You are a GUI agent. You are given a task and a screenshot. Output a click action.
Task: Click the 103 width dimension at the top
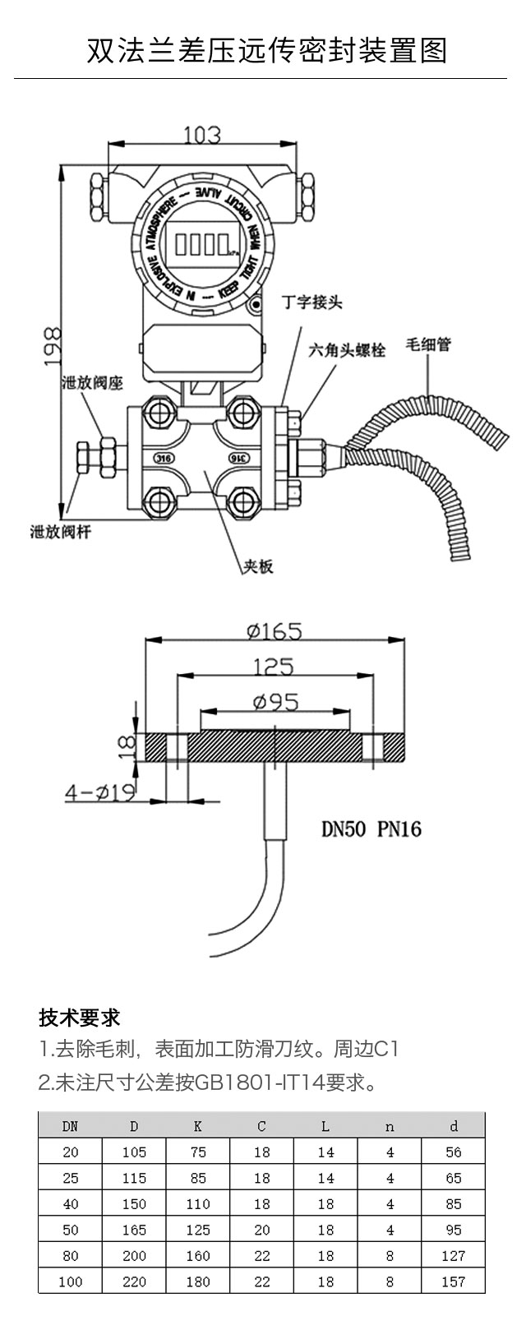pos(201,134)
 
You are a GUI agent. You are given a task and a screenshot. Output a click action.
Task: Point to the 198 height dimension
pos(52,345)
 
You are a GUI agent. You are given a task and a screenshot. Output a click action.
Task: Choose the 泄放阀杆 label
pos(60,532)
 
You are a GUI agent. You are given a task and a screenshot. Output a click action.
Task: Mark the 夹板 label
pos(257,566)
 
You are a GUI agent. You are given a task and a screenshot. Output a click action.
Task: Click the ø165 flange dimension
pos(275,630)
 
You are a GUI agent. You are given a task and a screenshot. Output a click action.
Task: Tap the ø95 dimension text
pos(275,701)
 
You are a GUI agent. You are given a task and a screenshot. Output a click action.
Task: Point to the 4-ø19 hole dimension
pos(100,792)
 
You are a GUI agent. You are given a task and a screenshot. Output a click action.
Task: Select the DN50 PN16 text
pos(371,829)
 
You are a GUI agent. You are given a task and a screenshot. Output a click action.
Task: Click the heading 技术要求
pos(80,1018)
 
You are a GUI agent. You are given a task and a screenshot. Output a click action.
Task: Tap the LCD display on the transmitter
pos(201,243)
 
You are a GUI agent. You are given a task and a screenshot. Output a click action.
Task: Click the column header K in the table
pos(198,1126)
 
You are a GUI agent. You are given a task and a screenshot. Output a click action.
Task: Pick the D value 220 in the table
pos(134,1281)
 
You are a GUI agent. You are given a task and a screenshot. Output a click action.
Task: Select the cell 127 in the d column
pos(453,1255)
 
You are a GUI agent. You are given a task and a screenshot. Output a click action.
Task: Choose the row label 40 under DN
pos(71,1203)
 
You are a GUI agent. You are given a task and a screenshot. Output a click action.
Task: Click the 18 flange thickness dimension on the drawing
pos(126,745)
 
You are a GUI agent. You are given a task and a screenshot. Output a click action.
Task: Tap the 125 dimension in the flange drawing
pos(273,666)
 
